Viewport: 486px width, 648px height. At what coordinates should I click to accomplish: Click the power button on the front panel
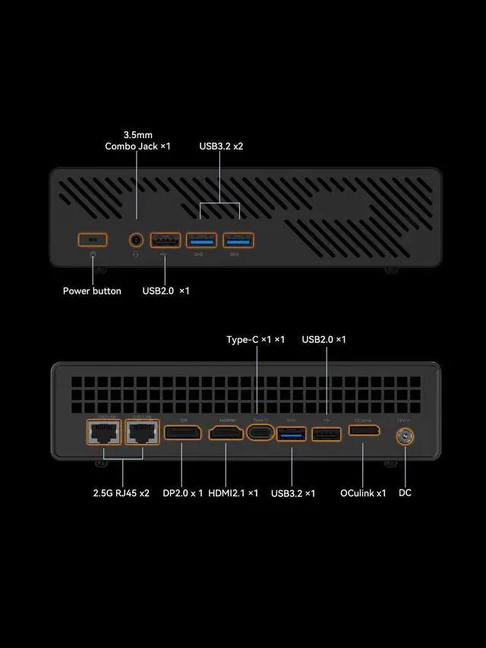93,240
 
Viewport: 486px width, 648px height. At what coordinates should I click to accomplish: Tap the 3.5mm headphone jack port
137,240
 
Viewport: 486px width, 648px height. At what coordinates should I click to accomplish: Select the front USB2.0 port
166,241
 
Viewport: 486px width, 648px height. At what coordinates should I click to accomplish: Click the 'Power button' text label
92,291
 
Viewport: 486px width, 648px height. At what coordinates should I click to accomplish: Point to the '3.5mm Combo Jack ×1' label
137,140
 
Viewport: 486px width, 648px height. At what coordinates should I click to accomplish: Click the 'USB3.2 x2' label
221,146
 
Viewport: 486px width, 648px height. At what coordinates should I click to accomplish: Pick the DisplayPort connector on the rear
182,433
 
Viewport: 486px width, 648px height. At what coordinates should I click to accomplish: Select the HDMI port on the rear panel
226,433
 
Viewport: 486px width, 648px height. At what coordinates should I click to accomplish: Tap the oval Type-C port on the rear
260,433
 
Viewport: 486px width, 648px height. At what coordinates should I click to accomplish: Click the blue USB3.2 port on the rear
292,433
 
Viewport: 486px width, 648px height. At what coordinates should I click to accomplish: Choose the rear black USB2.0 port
327,434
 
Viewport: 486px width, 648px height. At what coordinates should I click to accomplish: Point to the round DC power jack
403,437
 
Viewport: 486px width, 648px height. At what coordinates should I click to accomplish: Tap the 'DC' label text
405,493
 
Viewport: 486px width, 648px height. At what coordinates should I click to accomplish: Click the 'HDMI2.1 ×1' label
233,493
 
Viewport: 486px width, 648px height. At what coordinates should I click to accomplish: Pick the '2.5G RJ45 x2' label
121,493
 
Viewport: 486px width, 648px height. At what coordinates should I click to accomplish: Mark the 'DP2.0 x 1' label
183,493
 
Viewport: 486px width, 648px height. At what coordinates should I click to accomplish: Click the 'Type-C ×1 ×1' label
256,339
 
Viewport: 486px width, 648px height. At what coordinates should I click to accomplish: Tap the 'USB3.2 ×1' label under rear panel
293,493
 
